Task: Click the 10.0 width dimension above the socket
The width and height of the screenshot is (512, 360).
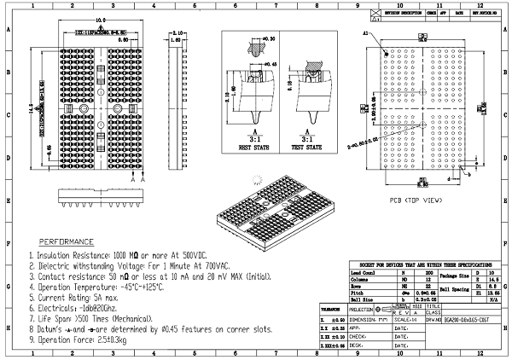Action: [x=100, y=20]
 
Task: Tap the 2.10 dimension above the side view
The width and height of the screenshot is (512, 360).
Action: [x=177, y=33]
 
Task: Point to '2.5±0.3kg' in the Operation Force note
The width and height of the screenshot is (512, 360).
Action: [x=109, y=340]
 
